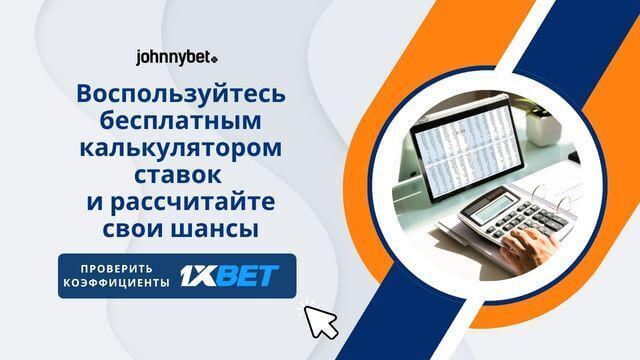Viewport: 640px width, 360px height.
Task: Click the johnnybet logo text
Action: coord(172,59)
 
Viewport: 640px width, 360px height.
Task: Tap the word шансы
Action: coord(219,230)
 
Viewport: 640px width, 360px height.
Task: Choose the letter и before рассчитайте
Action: coord(95,204)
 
